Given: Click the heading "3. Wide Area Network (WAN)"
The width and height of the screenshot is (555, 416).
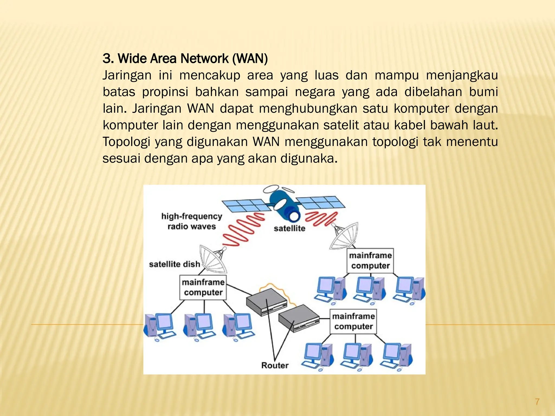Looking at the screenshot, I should (x=185, y=58).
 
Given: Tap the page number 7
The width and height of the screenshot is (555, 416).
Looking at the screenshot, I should (x=537, y=401).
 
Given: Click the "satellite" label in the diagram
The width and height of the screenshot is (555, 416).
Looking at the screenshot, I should (x=289, y=228).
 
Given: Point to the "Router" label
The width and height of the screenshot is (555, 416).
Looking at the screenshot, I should (x=275, y=365).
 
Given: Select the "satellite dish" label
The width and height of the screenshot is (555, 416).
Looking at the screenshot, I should (x=174, y=264).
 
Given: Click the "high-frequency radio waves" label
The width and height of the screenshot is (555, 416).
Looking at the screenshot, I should (x=192, y=221).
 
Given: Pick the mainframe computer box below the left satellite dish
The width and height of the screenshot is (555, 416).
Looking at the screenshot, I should (x=203, y=287).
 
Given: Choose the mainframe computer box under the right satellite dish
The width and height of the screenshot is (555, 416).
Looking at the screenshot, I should (x=370, y=261).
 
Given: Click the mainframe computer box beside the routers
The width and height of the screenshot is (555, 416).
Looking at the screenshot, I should (x=353, y=321).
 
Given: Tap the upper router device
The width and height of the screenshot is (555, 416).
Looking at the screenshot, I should (x=266, y=301).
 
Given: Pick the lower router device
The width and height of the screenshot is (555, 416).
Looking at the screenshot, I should (x=299, y=318).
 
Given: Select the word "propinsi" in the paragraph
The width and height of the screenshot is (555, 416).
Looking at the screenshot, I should (x=165, y=92).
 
